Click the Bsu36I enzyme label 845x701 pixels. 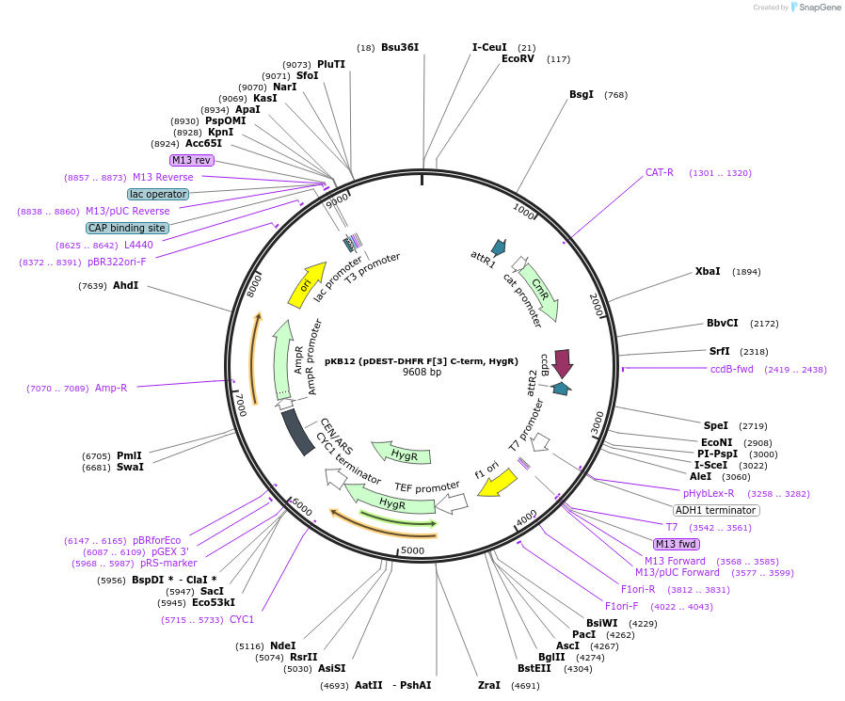coord(399,47)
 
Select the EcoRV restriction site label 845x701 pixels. coord(518,58)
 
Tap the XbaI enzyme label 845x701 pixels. coord(708,271)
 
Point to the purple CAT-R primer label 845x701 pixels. coord(659,172)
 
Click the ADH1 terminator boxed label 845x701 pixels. coord(715,510)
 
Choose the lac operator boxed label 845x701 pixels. coord(158,194)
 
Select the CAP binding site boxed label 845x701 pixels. coord(127,228)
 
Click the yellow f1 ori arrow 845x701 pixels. coord(499,484)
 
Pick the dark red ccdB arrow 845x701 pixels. coord(563,361)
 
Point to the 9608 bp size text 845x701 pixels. coord(422,372)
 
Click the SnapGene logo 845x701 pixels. coord(816,7)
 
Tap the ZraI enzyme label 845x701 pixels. coord(488,685)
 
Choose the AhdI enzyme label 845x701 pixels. coord(125,285)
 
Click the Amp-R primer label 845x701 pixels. coord(110,388)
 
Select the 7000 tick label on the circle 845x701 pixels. coord(242,406)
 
